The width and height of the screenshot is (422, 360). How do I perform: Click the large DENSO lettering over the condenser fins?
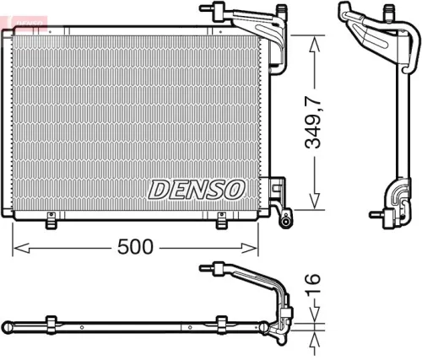pyautogui.click(x=197, y=189)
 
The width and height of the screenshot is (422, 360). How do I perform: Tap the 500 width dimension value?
pyautogui.click(x=134, y=246)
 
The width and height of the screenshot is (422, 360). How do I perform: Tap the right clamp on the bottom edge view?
pyautogui.click(x=222, y=324)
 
